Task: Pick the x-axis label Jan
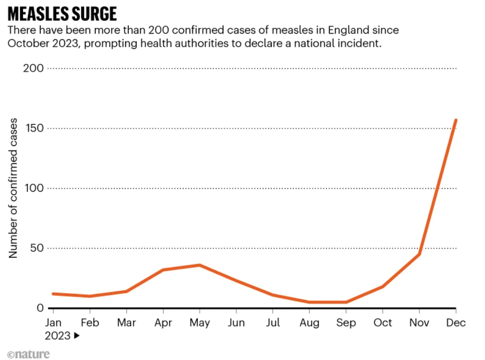(x=53, y=323)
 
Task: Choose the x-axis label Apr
(x=163, y=323)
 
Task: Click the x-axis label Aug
(x=309, y=323)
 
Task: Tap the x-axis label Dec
(x=455, y=323)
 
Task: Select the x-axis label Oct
(x=383, y=323)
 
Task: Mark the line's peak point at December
(x=456, y=120)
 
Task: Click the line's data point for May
(x=199, y=265)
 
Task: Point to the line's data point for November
(x=419, y=254)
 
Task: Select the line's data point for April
(x=163, y=269)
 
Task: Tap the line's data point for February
(x=90, y=296)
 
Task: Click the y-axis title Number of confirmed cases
(x=14, y=188)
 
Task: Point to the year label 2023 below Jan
(x=57, y=336)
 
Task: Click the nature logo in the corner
(x=28, y=354)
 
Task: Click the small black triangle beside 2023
(x=77, y=336)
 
